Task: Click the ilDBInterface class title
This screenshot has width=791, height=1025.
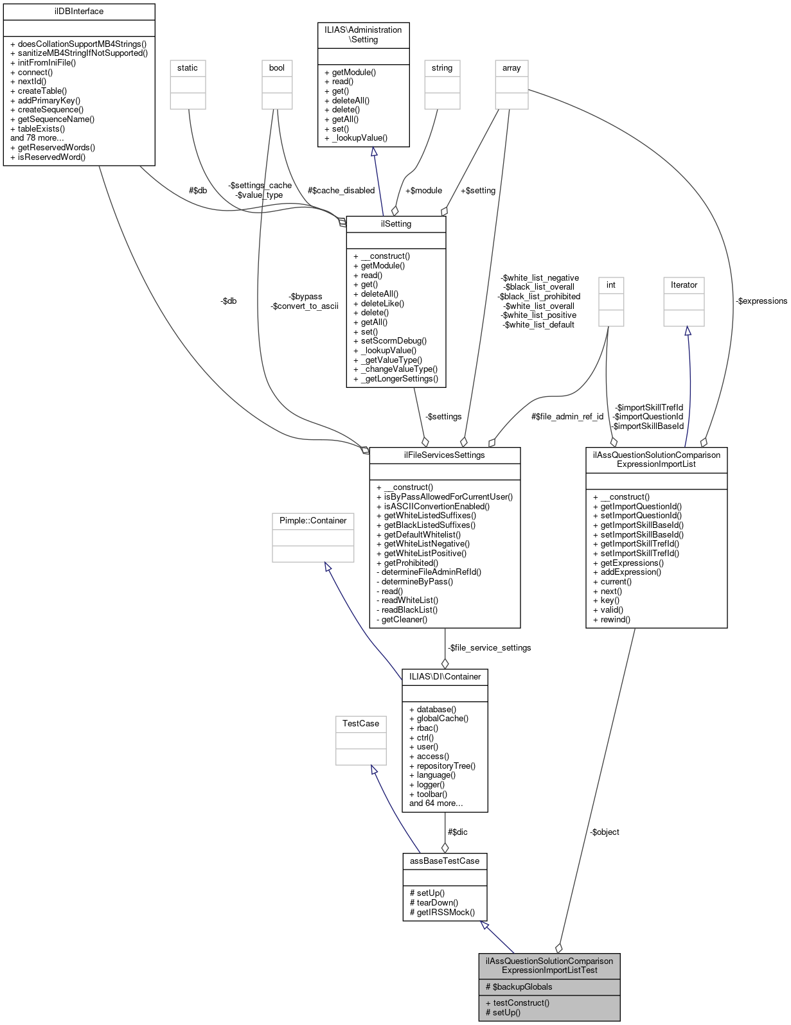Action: pos(79,12)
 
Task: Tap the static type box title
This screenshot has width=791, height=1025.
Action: pos(188,68)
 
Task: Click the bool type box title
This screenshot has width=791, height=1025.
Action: pos(277,68)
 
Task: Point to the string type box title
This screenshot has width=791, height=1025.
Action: pos(442,68)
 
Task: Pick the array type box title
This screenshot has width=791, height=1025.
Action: pos(511,68)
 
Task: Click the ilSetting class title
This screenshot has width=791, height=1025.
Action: pos(396,224)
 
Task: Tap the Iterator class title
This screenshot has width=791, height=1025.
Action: pos(684,285)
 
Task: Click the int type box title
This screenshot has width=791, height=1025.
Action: pos(611,285)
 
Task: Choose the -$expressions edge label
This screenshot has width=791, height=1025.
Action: pos(761,301)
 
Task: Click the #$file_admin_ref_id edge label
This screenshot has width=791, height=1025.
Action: pos(567,417)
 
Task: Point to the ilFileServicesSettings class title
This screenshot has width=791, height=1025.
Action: pos(445,455)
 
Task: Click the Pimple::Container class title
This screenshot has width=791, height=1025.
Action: pos(313,521)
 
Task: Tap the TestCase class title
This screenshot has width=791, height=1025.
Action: pos(360,724)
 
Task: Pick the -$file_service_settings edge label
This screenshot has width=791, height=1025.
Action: pos(490,648)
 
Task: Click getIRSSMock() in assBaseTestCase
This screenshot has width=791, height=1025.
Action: pos(442,912)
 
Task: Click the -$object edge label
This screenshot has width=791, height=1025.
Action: pos(605,832)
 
